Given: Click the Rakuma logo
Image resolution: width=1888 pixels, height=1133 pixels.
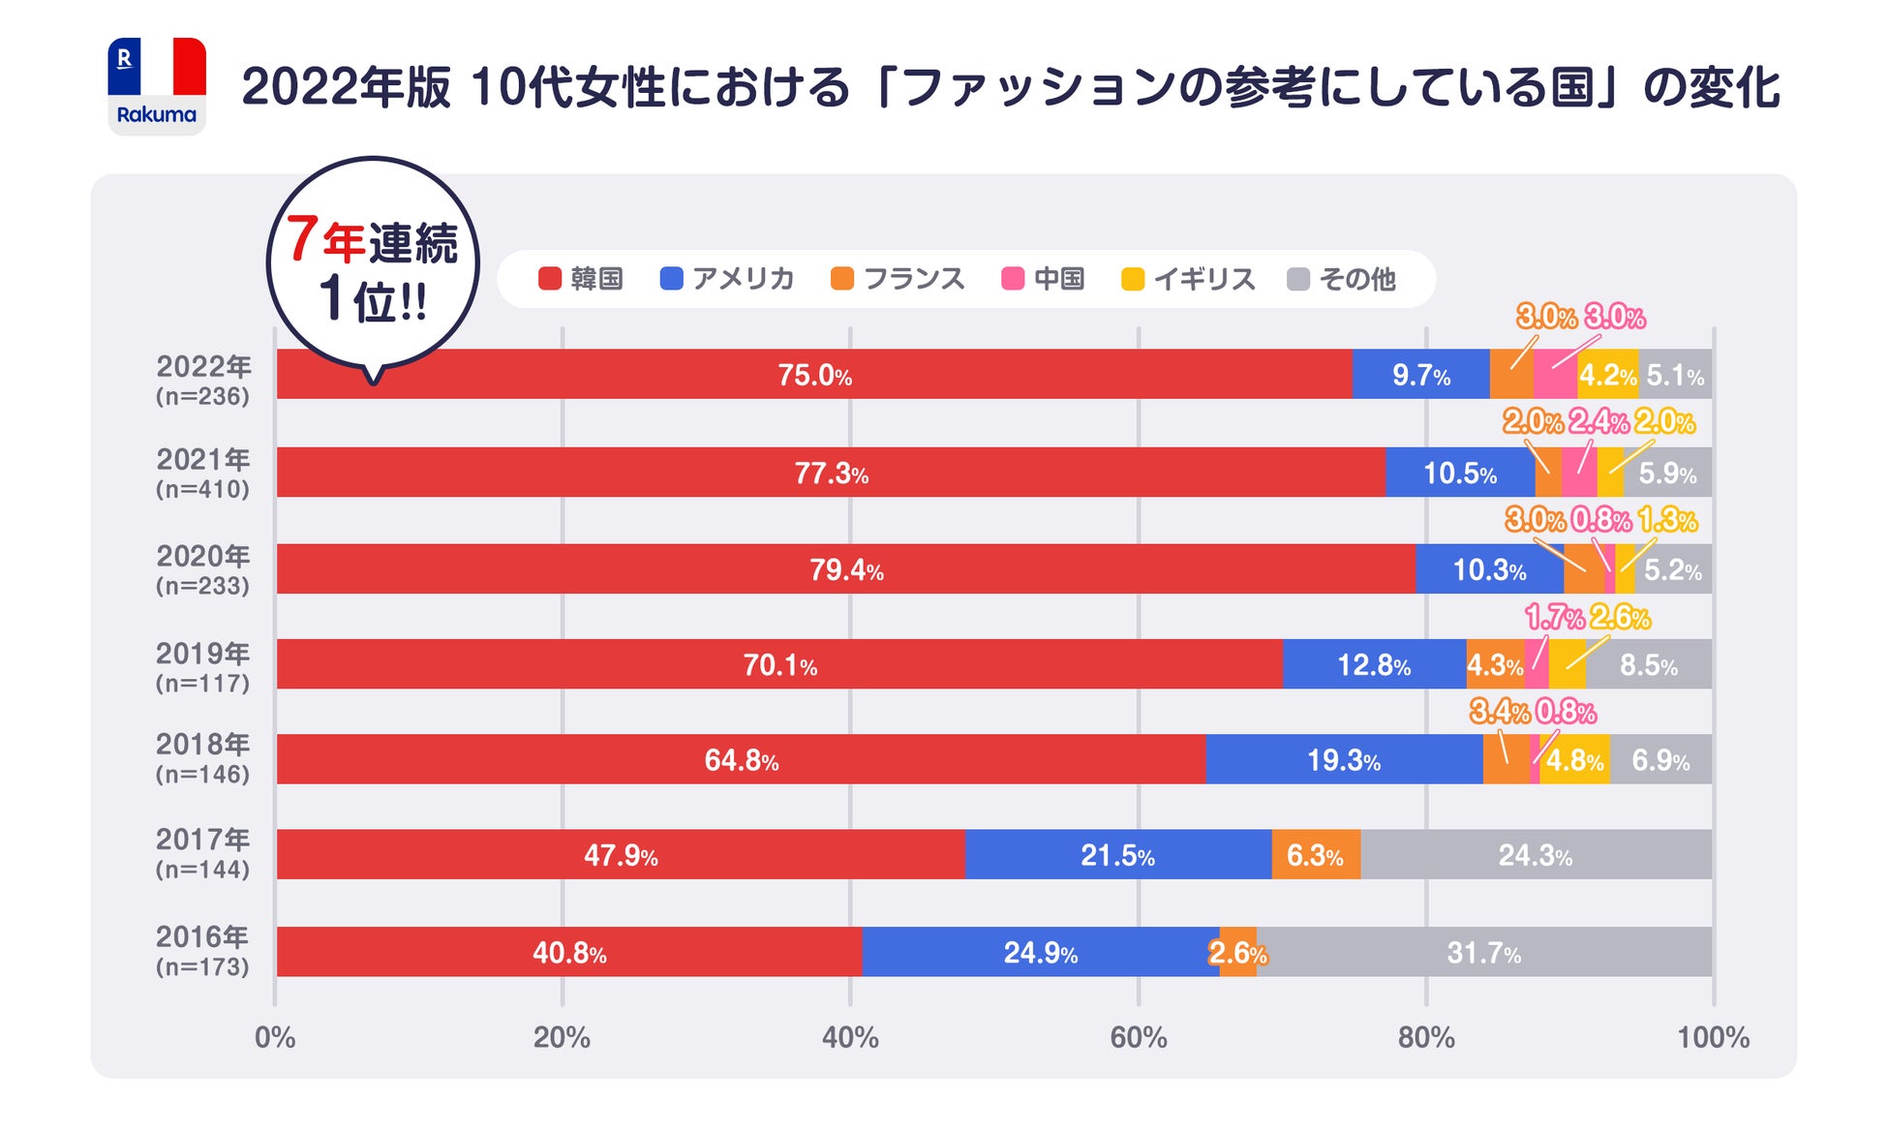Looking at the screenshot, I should point(157,86).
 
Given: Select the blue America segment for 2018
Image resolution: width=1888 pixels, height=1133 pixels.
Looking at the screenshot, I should point(1344,759).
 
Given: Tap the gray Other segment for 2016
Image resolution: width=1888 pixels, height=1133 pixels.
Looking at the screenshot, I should point(1483,952).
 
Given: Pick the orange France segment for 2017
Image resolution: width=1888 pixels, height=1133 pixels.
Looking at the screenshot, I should point(1315,855).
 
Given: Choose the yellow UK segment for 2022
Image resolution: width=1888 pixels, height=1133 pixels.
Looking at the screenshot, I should point(1607,374).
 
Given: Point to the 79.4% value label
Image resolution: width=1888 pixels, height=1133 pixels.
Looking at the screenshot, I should point(846,569).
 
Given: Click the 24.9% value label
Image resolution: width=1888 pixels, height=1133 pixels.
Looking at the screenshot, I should point(1040,953).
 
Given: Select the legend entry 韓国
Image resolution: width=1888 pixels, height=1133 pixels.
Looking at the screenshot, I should point(581,279).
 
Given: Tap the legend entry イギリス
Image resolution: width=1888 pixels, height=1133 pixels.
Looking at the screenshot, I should point(1189,279).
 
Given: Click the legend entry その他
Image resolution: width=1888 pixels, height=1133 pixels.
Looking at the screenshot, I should point(1342,279).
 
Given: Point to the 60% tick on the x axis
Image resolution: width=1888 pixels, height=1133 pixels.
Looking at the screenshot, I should point(1139,1038).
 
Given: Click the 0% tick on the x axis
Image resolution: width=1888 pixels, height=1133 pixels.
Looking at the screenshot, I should point(275,1038).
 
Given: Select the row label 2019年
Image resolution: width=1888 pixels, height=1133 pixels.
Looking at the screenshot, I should point(203,654).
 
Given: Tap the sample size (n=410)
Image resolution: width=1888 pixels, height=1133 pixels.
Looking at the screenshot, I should point(203,489).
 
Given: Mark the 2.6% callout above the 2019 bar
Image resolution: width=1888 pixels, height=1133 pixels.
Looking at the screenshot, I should point(1620,617).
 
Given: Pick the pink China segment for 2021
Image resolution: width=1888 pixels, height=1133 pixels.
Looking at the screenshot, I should point(1579,473).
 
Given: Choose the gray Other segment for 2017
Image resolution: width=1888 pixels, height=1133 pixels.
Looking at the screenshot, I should point(1536,855).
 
